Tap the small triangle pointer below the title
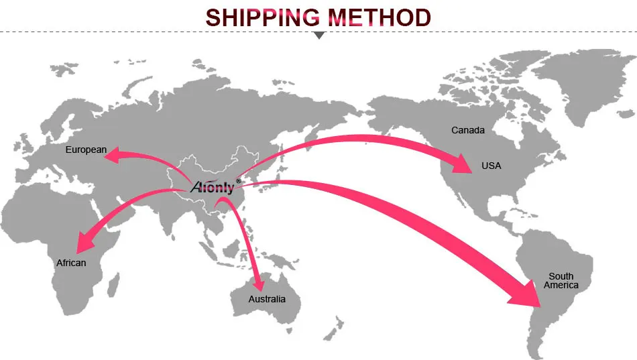coord(319,35)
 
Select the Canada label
coord(467,130)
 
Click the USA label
coord(491,166)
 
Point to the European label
coord(86,149)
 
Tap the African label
coord(71,263)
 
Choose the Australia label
coord(267,299)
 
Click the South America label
coord(561,281)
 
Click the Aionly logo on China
coord(212,187)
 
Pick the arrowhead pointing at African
coord(86,240)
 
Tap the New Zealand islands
coord(331,332)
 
